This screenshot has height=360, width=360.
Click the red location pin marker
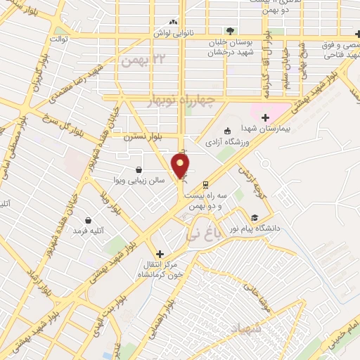tap(181, 165)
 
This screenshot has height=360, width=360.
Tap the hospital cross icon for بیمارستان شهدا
tap(265, 117)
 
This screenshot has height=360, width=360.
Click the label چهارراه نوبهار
tap(186, 101)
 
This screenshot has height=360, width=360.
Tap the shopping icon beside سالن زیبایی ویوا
tap(139, 169)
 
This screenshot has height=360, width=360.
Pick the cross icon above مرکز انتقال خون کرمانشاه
tap(160, 254)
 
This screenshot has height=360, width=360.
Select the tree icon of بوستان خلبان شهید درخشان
tap(230, 30)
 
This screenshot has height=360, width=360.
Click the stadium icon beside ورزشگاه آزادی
tap(227, 131)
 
